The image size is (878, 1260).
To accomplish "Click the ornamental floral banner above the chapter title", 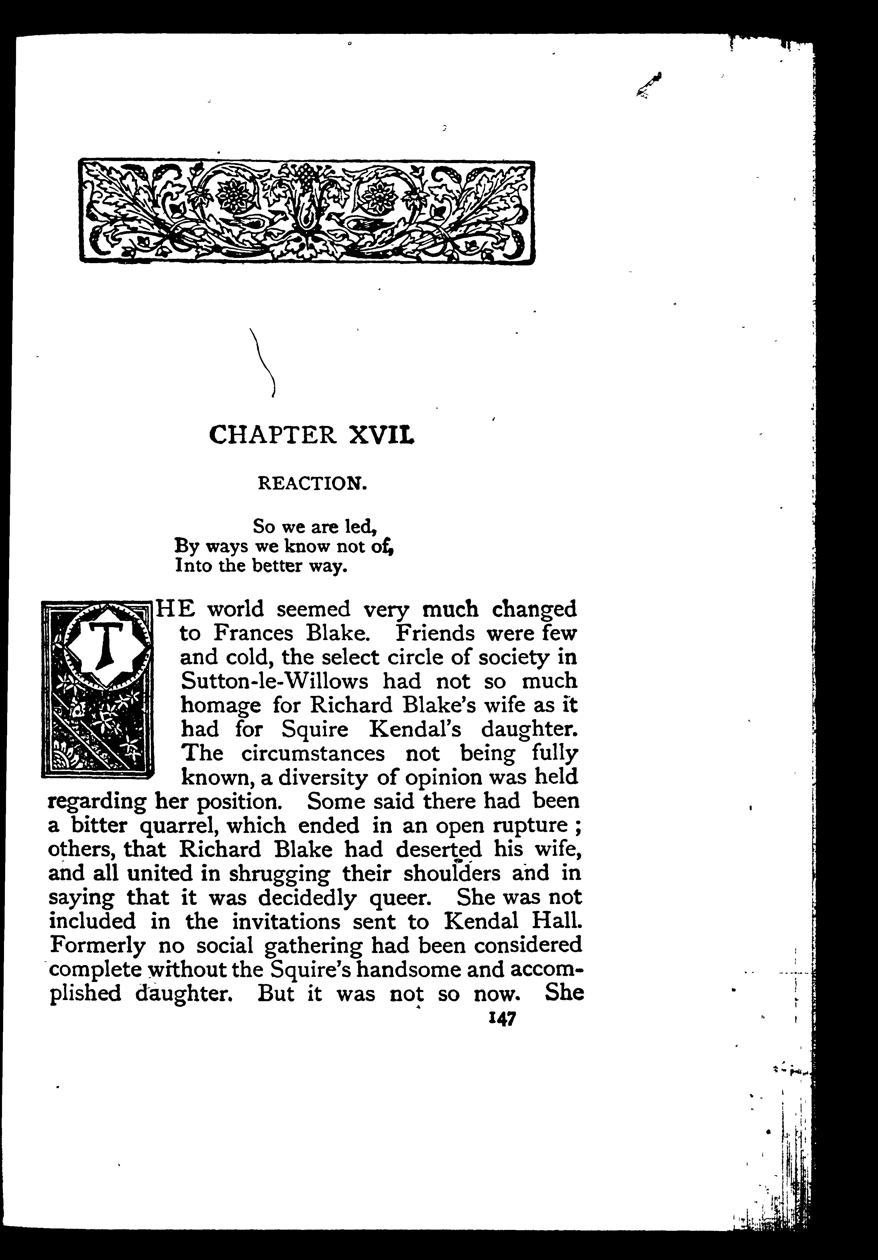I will (307, 211).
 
